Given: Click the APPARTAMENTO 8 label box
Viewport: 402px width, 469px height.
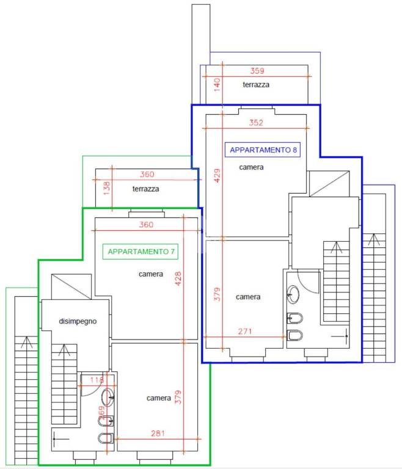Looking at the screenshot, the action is [262, 150].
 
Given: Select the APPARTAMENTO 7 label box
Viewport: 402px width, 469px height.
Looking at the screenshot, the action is [141, 252].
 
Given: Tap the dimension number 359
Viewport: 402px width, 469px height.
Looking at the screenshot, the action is [257, 71].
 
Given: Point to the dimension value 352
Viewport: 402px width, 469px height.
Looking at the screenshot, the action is [256, 123].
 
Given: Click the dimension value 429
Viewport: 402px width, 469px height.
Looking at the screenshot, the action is [217, 175].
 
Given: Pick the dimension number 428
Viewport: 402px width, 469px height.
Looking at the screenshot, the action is [178, 278].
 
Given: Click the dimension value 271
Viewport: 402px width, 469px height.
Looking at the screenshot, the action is [245, 331].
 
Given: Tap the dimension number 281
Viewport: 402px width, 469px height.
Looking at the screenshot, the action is [158, 433].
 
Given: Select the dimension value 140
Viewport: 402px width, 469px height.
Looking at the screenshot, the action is [217, 85].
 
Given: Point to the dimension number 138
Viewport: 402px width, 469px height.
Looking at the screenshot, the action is [107, 188].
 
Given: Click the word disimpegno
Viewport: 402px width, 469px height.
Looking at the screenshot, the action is [78, 321].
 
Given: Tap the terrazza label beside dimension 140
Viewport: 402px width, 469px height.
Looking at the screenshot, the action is [256, 85].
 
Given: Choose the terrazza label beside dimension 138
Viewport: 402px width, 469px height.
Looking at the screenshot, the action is [146, 189].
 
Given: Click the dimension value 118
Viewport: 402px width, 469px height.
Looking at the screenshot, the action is [97, 380].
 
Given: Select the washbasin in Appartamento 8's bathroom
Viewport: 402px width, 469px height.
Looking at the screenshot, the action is [293, 294].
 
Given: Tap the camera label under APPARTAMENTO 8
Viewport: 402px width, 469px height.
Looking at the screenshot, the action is [252, 167].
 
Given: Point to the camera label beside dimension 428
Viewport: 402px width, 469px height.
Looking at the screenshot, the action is [151, 274].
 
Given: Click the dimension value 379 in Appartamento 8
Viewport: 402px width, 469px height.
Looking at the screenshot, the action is [217, 294].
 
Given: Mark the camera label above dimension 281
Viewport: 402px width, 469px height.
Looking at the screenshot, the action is [159, 398].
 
